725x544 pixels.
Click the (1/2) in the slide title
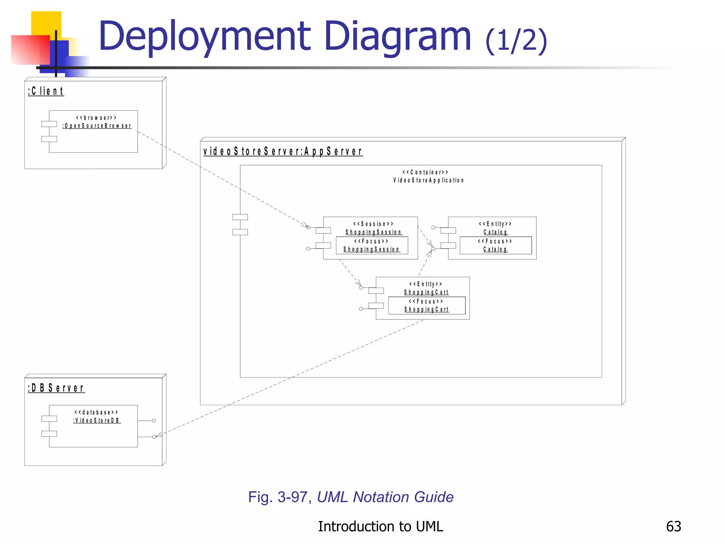516,41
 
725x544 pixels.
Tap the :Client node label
46,91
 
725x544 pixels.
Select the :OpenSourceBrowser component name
97,126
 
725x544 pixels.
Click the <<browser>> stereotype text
96,118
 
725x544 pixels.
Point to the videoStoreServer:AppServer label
283,151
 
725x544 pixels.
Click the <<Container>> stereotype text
425,172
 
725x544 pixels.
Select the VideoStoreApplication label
428,180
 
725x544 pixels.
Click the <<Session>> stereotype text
373,224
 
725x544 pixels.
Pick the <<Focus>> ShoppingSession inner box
372,245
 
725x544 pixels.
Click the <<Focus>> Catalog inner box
495,245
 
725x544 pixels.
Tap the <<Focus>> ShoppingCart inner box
427,305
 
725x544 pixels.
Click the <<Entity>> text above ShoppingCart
426,284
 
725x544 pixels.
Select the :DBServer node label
56,388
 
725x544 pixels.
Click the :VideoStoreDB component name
97,421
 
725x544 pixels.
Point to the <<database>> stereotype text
96,412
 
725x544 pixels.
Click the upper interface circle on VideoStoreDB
154,421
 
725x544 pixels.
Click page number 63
673,526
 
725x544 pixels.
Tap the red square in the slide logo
30,50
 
